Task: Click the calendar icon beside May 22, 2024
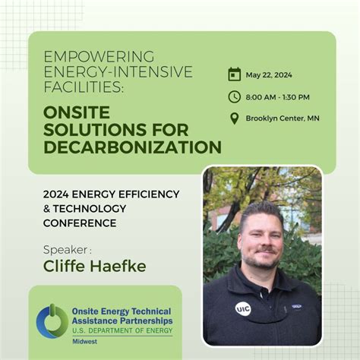[235, 74]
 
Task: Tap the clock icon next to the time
[235, 96]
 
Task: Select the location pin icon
[235, 118]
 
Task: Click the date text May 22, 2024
[270, 75]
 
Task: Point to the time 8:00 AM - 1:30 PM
[278, 97]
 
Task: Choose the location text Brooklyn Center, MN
[282, 118]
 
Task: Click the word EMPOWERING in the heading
[99, 57]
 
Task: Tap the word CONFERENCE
[80, 223]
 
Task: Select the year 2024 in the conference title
[56, 194]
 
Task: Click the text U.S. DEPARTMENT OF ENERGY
[122, 331]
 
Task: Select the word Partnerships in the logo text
[145, 321]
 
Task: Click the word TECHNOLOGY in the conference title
[90, 209]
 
